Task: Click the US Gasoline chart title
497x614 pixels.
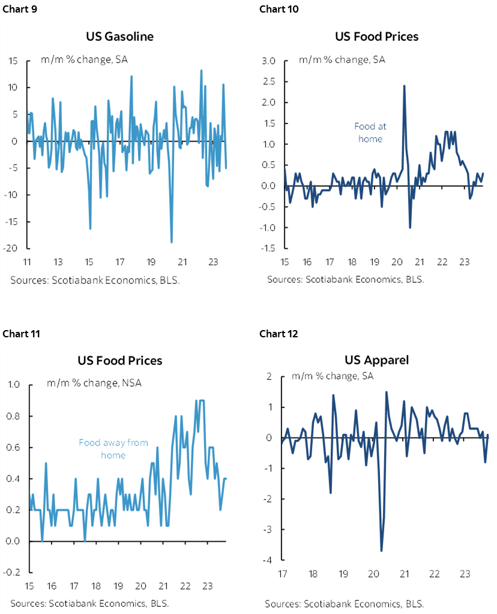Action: tap(120, 37)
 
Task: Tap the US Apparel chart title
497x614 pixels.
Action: tap(376, 360)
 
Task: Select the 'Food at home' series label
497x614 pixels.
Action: tap(370, 133)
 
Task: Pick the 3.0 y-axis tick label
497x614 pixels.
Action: tap(268, 61)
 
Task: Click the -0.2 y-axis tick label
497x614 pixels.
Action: tap(14, 573)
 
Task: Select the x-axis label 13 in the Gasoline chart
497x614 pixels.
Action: tap(58, 262)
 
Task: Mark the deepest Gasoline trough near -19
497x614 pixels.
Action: tap(172, 242)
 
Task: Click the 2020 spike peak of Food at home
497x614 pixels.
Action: tap(404, 85)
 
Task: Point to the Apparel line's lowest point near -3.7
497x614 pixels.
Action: tap(381, 550)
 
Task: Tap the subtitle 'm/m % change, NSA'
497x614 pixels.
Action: tap(94, 383)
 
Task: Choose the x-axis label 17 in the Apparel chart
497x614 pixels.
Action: tap(282, 574)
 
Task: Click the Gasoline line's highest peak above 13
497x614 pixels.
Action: tap(201, 70)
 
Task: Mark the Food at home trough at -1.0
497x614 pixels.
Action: tap(410, 227)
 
